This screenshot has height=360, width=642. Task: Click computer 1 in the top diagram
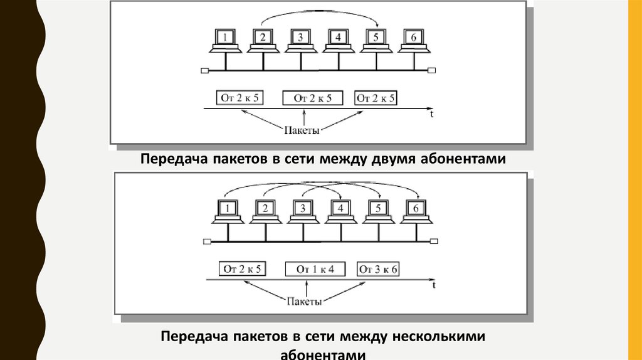pos(224,38)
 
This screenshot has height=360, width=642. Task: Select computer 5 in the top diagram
pos(376,38)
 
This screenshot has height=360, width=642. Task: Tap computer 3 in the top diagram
pos(300,38)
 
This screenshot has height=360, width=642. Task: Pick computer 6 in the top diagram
pos(413,38)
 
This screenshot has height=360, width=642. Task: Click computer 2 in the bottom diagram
pos(265,209)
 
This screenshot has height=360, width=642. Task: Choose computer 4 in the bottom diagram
pos(340,209)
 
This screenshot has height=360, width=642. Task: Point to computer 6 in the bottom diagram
pos(415,209)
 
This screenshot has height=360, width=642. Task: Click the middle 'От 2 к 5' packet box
pos(313,98)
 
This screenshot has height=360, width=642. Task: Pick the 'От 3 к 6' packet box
pos(379,269)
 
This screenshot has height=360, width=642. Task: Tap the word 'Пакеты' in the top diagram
pos(302,130)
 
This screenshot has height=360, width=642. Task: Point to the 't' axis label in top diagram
pos(432,115)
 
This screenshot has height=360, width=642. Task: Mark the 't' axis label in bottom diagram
pos(434,286)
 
